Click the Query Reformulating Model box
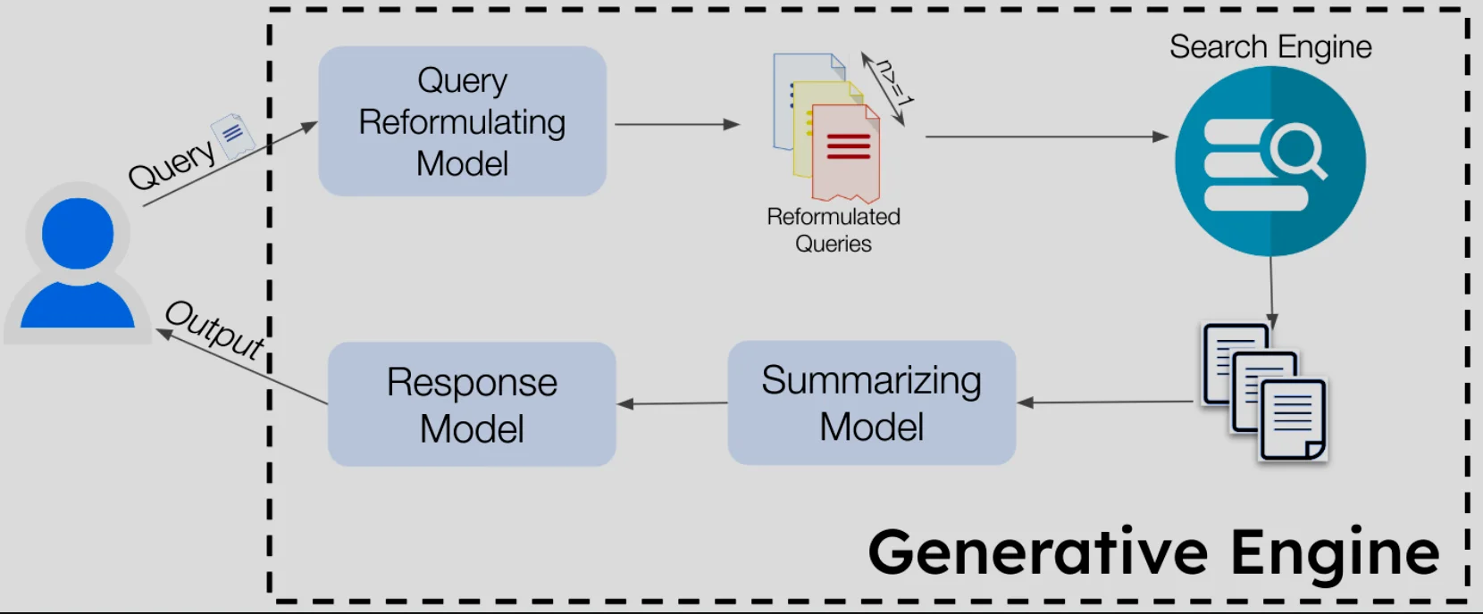[462, 121]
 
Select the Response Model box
[472, 404]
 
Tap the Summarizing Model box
[871, 402]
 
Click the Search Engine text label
[1269, 46]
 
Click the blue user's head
[78, 234]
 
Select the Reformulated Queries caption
[833, 230]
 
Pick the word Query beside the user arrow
[172, 163]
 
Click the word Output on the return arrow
[215, 329]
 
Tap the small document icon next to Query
[233, 136]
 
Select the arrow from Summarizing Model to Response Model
[672, 403]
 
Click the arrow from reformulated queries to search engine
[1045, 137]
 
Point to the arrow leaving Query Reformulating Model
[676, 124]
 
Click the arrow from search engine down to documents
[1271, 290]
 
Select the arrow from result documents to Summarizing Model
[1104, 402]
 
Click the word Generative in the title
[1037, 552]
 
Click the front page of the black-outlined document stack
[1293, 419]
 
